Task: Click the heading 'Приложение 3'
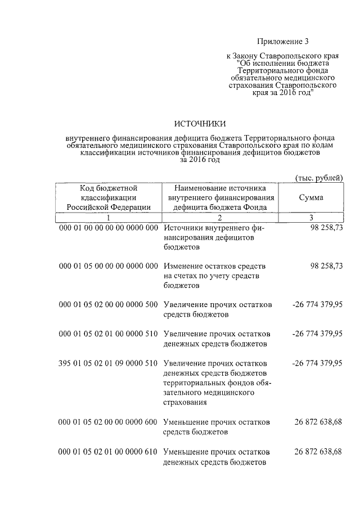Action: coord(283,41)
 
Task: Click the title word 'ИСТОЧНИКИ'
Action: coord(200,124)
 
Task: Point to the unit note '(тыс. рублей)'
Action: coord(319,178)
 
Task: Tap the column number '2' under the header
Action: coord(220,217)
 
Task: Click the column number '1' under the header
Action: coord(109,217)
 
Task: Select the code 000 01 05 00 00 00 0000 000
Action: coord(109,265)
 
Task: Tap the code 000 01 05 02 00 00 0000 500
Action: coord(109,304)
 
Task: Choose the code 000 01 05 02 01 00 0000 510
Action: coord(109,334)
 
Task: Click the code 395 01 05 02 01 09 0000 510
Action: coord(109,363)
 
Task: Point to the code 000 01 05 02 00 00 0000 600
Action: coord(109,421)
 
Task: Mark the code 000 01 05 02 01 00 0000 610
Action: coord(109,451)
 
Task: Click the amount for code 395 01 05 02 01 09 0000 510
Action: coord(317,363)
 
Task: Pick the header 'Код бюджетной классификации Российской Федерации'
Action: coord(109,197)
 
